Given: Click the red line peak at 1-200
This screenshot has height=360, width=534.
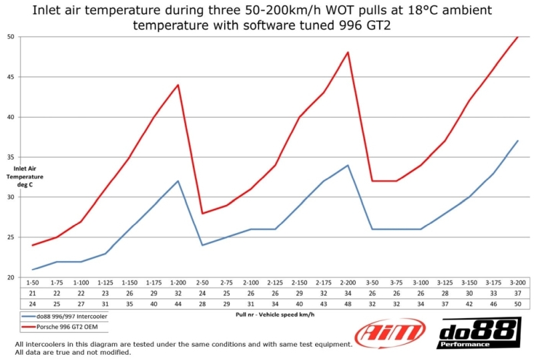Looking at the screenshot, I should click(178, 85).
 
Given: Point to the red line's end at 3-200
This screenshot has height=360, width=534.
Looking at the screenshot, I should click(518, 37).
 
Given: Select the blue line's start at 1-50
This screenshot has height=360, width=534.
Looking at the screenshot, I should click(33, 270).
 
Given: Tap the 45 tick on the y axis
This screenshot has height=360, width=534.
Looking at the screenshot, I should click(11, 77).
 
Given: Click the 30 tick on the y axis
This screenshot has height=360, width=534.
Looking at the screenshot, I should click(11, 197).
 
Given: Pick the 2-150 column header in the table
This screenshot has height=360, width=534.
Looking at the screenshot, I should click(300, 283).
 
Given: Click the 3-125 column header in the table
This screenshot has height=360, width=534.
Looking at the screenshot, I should click(445, 283).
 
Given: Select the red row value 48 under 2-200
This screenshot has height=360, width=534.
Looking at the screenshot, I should click(348, 304).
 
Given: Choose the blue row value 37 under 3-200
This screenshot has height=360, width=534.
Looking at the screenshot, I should click(518, 293).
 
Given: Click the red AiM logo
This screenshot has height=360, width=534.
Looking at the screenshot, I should click(390, 332).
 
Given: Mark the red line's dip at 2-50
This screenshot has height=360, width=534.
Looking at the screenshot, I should click(202, 213).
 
